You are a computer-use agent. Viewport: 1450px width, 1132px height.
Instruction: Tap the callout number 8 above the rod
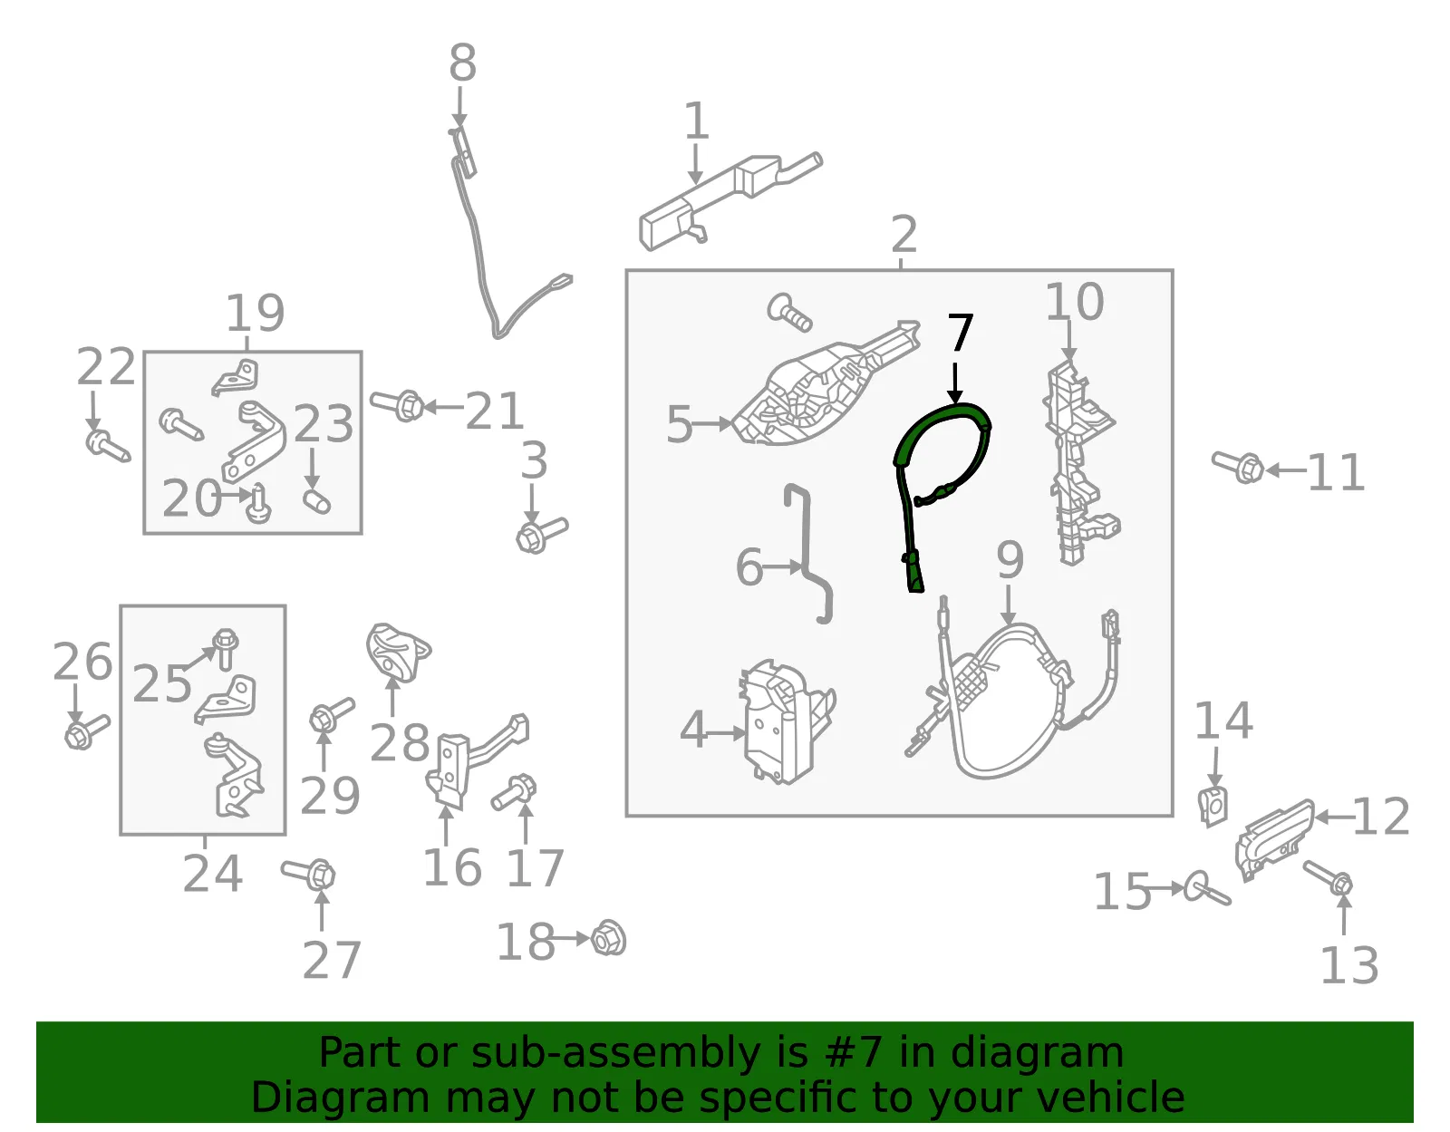pyautogui.click(x=462, y=63)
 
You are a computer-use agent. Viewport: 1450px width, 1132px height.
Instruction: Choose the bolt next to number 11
pyautogui.click(x=1237, y=466)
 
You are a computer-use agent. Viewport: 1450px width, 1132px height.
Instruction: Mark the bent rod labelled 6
pyautogui.click(x=807, y=554)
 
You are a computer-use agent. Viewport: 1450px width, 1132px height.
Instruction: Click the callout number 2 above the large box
pyautogui.click(x=904, y=234)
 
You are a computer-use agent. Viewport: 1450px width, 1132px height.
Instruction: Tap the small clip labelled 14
pyautogui.click(x=1213, y=808)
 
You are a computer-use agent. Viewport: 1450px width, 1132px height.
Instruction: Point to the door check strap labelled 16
pyautogui.click(x=474, y=760)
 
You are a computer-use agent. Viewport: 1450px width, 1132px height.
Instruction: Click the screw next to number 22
pyautogui.click(x=108, y=446)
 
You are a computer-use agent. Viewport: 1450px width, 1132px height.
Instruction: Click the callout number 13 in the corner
pyautogui.click(x=1349, y=965)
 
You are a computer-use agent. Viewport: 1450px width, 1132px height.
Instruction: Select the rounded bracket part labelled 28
pyautogui.click(x=397, y=653)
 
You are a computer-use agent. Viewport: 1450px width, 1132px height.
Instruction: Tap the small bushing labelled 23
pyautogui.click(x=316, y=501)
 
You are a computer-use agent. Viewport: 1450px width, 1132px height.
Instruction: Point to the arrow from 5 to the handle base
pyautogui.click(x=713, y=423)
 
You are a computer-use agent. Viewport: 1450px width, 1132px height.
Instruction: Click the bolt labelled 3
pyautogui.click(x=541, y=534)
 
